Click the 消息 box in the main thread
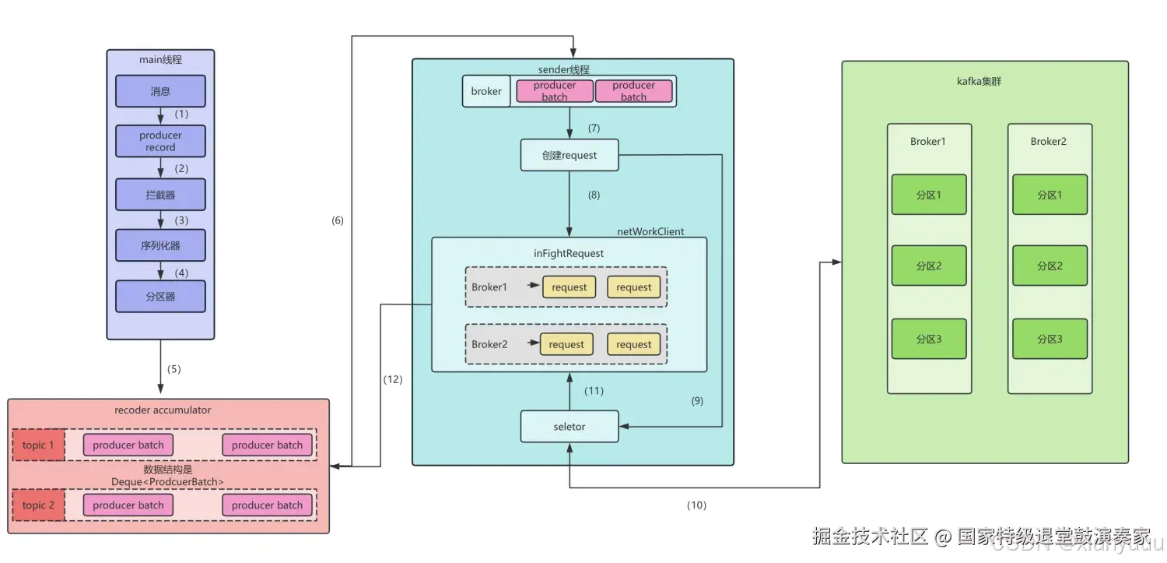[160, 91]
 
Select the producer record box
[160, 141]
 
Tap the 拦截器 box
[160, 195]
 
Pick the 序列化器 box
[160, 245]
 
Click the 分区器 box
[160, 297]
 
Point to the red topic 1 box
[38, 445]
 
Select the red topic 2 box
[38, 505]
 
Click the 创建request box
[569, 155]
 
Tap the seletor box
[569, 426]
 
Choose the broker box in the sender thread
[486, 91]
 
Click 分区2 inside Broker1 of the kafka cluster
[929, 266]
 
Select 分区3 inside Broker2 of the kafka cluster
[1050, 339]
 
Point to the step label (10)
[696, 505]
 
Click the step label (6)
[337, 220]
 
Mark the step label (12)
[393, 379]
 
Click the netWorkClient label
[650, 231]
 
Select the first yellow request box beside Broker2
[566, 344]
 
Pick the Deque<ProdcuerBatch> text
[178, 482]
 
